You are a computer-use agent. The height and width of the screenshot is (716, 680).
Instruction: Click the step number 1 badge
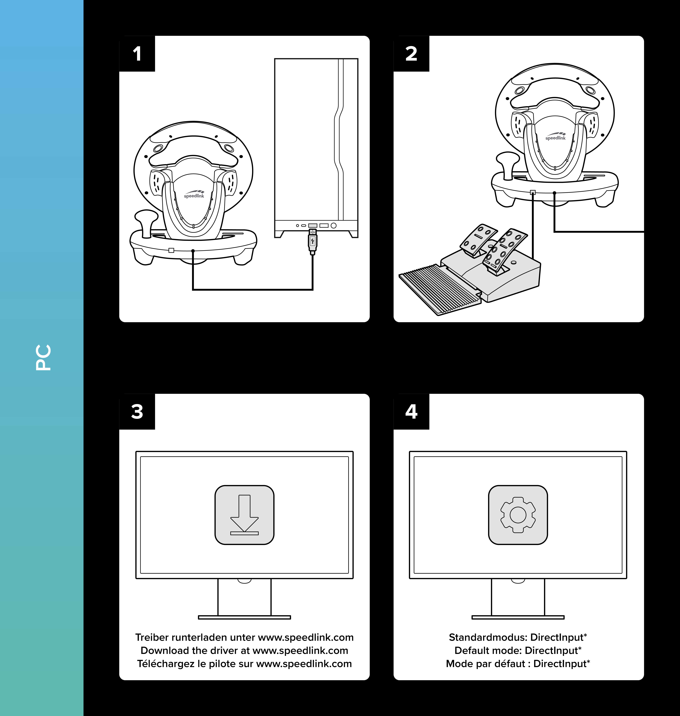pos(137,54)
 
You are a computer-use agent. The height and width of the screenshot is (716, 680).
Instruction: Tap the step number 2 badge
pos(411,54)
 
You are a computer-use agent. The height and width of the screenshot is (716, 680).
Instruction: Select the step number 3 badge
pos(137,412)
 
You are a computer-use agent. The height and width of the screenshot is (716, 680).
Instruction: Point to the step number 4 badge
pos(411,412)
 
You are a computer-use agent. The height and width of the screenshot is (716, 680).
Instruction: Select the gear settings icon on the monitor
pos(518,515)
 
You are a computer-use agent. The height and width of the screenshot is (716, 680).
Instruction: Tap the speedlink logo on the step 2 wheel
pos(555,136)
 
